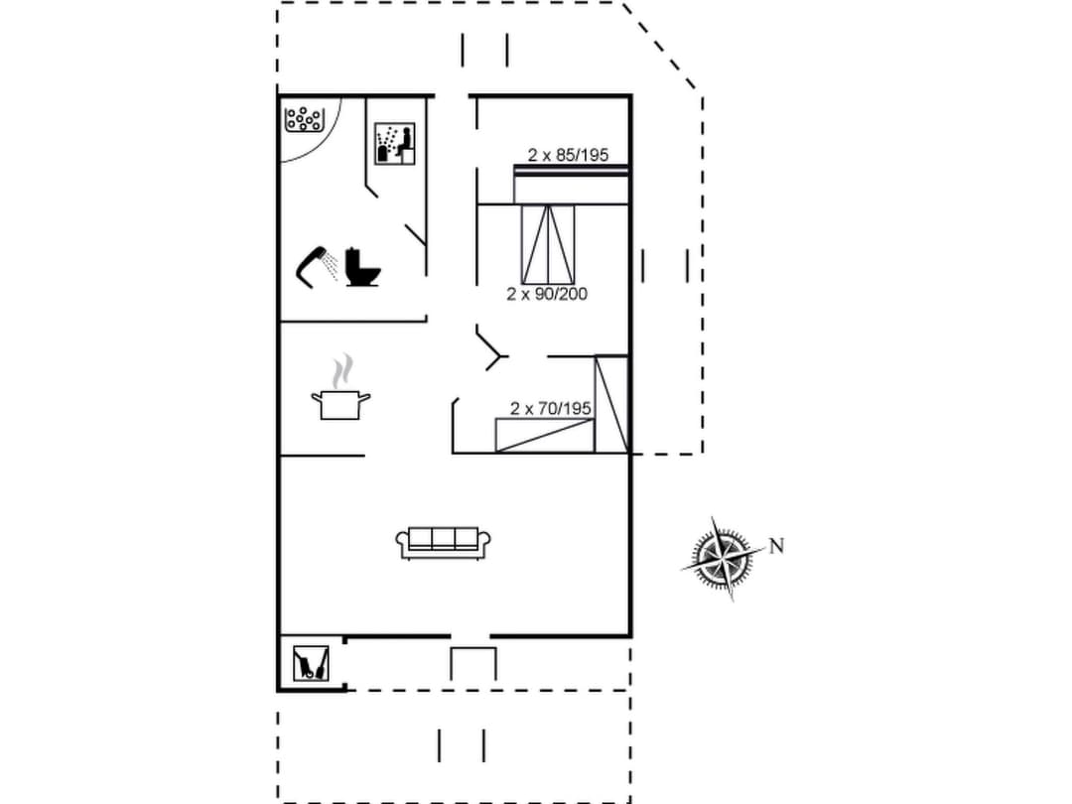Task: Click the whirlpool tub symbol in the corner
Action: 304,120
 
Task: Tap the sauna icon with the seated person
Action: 395,144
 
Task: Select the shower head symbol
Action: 314,264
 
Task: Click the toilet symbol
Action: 362,267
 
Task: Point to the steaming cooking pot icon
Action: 340,403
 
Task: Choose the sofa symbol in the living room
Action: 444,542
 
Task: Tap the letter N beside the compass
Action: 776,546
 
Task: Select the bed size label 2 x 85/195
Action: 568,155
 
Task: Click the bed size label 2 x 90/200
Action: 547,294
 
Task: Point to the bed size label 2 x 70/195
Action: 551,408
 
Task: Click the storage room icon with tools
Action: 311,662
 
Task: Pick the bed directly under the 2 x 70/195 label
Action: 544,436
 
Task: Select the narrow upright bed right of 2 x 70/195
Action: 611,403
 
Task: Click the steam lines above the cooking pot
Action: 342,370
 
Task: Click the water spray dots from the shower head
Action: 332,266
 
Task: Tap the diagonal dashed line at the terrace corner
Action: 663,49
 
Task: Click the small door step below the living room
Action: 472,662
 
